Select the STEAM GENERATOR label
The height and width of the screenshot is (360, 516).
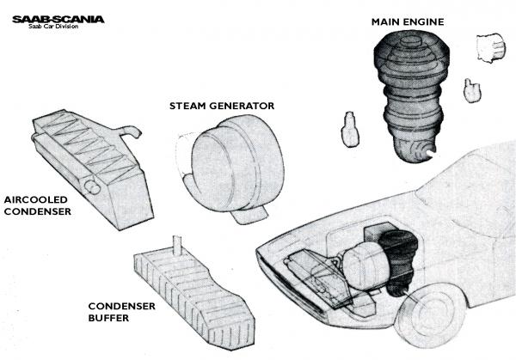coord(221,106)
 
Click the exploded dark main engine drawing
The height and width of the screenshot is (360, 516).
coord(409,95)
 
